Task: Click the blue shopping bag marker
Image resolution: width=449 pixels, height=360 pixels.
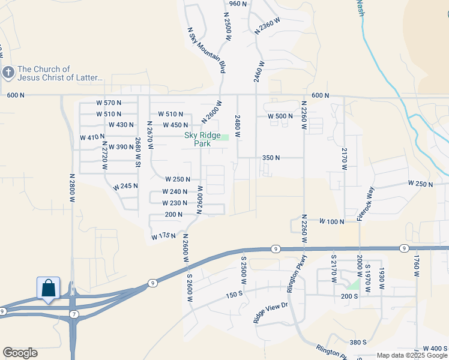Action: tap(48, 288)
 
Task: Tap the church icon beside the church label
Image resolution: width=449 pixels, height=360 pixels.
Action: tap(8, 73)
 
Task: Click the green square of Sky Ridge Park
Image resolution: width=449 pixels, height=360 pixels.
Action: tap(225, 137)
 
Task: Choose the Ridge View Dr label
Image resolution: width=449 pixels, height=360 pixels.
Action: tap(271, 313)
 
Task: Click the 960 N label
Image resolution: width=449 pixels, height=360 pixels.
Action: tap(238, 4)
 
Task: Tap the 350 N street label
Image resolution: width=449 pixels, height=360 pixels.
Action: tap(271, 158)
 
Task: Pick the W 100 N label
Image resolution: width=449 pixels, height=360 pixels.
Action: tap(331, 221)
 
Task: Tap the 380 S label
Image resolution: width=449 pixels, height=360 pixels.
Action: tap(357, 342)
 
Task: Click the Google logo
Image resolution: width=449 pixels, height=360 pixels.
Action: tap(20, 353)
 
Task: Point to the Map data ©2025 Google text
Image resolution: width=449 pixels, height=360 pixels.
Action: tap(412, 355)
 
